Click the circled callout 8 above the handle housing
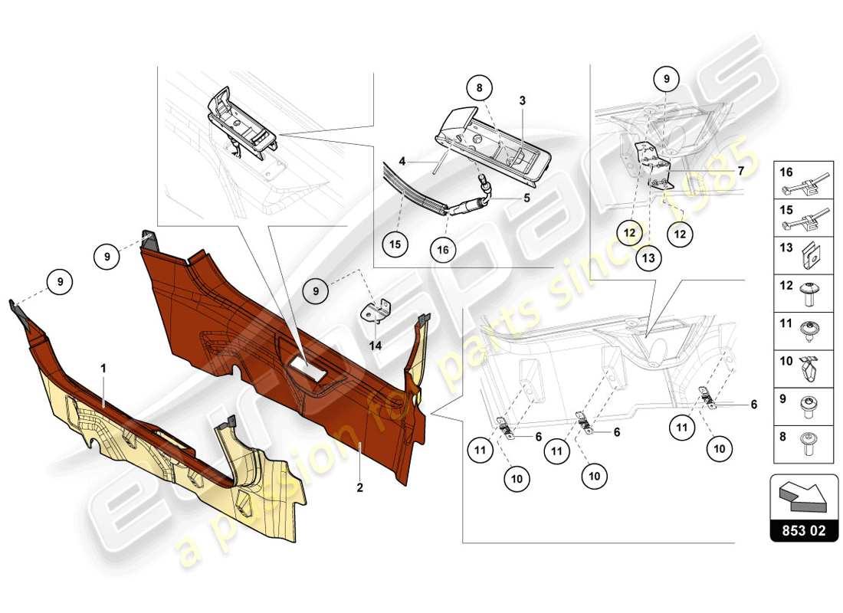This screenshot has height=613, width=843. coord(479,89)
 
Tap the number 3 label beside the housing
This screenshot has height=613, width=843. coord(521,101)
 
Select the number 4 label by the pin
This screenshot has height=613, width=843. coord(402,162)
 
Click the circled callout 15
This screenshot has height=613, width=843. coord(394,244)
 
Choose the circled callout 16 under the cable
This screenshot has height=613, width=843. coord(444,249)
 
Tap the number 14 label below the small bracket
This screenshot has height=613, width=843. coord(375,346)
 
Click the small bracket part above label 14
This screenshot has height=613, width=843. coord(375,313)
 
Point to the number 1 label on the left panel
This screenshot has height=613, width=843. coord(103,369)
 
